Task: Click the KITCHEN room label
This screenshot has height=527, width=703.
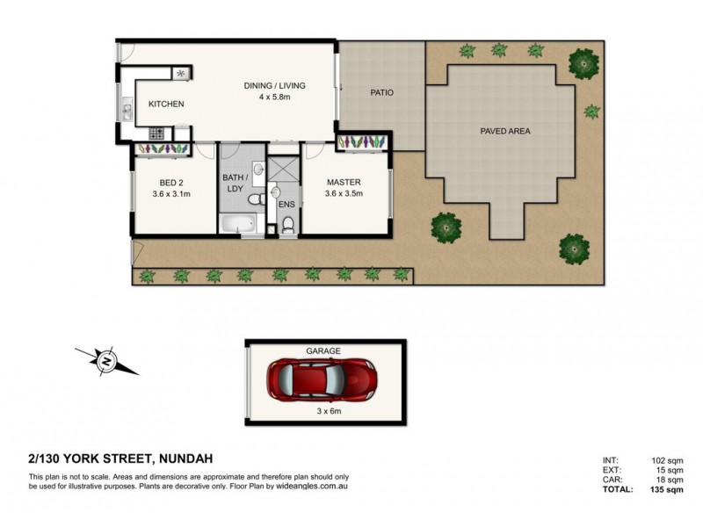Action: click(x=166, y=105)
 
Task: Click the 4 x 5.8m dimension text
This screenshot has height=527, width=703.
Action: click(x=275, y=97)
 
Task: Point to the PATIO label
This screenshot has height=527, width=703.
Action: click(x=380, y=91)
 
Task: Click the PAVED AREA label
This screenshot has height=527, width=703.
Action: click(x=504, y=131)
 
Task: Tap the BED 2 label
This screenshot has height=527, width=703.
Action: click(x=171, y=182)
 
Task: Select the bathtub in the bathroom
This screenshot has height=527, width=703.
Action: click(x=239, y=225)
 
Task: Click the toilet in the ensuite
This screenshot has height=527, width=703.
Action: click(x=287, y=227)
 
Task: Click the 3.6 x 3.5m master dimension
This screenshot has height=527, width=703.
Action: click(x=344, y=193)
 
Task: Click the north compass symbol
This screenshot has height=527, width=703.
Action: click(x=105, y=359)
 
